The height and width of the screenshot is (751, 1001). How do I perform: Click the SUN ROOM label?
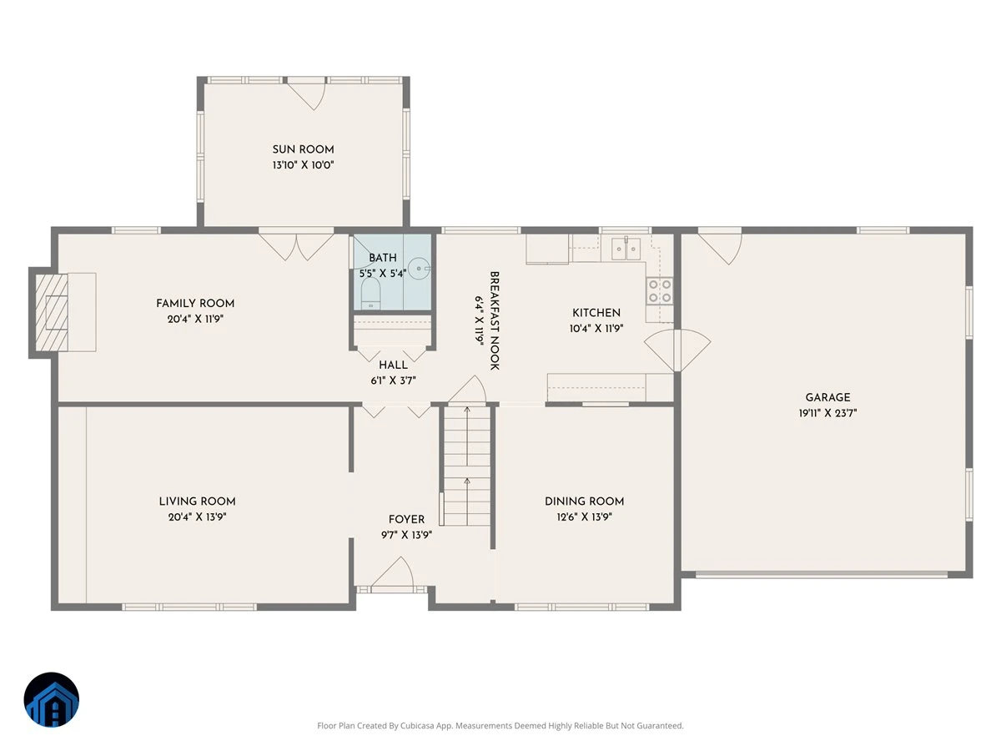coord(303,149)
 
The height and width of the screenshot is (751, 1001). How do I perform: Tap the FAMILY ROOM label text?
coord(195,303)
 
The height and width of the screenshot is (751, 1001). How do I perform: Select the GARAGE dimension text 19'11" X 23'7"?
coord(827,413)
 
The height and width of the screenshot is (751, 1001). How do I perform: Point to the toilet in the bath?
coord(370,293)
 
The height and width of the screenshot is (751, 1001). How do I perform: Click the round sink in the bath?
coord(418,269)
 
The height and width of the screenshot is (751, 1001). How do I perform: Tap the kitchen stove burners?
coord(660,291)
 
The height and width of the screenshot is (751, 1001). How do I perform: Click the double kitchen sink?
coord(626,249)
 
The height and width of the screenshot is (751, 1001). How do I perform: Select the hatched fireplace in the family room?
coord(52,312)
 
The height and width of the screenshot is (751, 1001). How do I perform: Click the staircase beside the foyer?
coord(466,466)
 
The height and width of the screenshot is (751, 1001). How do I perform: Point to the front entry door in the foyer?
coord(393,573)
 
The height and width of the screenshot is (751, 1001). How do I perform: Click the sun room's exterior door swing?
coord(306,95)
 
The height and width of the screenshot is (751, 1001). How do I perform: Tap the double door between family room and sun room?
coord(296,247)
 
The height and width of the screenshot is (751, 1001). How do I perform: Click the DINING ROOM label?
coord(584,502)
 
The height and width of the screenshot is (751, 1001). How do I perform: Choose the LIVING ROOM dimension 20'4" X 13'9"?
coord(197,517)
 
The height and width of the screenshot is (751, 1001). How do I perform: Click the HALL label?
coord(393,365)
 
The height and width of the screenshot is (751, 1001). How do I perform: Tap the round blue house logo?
coord(52,699)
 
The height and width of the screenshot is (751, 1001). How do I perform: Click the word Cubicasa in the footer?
coord(417,725)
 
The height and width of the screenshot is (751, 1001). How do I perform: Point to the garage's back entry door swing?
coord(721,249)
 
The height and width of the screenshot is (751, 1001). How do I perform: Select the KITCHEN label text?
coord(596,313)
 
